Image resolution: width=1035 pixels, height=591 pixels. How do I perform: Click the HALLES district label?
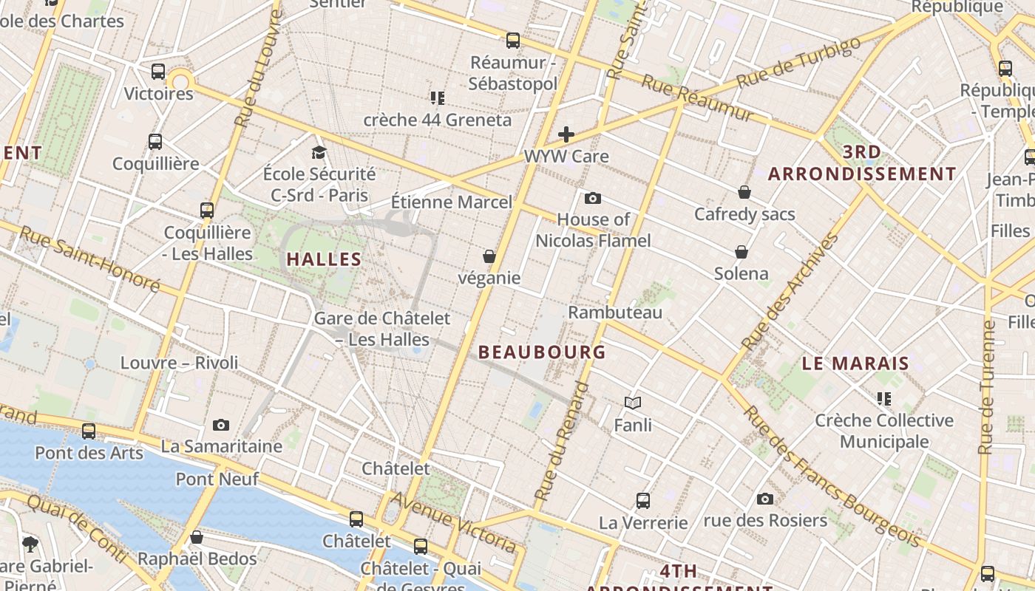[324, 259]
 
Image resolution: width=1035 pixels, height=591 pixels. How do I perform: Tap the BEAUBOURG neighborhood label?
[542, 352]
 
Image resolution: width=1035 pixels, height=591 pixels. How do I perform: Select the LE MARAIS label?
[855, 363]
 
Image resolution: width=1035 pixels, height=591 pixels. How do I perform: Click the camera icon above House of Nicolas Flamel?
[592, 198]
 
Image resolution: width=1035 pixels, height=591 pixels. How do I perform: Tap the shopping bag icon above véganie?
[489, 256]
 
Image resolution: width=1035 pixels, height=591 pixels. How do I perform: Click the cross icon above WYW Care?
[566, 134]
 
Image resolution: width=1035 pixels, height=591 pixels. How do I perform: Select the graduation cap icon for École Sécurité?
[319, 152]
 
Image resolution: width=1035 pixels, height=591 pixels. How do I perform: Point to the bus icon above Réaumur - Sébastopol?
[513, 41]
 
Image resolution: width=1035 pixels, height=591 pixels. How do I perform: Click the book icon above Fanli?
[632, 403]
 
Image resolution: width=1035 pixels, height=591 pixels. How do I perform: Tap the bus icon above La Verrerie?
[643, 501]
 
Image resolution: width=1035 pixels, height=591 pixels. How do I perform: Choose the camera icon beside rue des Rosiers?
[765, 499]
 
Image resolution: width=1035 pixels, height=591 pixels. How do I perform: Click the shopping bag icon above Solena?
[742, 252]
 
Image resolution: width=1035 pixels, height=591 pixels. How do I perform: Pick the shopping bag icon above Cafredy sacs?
[744, 192]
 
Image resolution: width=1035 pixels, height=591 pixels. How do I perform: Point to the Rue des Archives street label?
[790, 292]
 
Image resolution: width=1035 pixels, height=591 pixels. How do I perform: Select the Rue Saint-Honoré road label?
[89, 259]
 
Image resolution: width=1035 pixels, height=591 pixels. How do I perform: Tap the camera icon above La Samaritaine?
[221, 425]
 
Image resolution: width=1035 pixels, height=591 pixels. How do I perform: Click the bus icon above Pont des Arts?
[89, 431]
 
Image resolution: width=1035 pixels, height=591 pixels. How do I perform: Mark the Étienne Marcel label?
[451, 202]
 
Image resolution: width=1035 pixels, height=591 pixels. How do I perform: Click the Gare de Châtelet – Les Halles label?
[382, 329]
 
